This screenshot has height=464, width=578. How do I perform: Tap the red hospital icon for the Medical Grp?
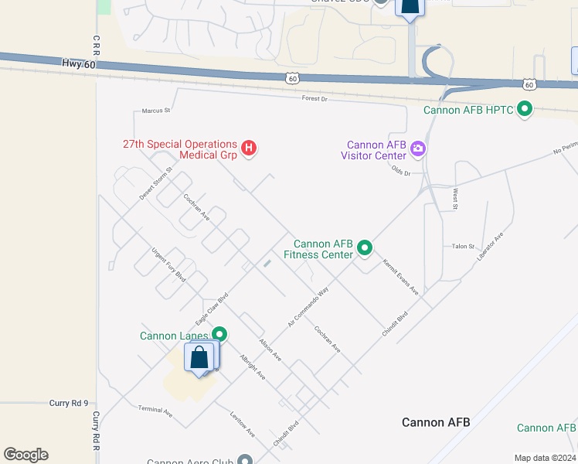click(249, 148)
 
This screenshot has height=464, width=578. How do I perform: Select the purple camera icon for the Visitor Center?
click(418, 148)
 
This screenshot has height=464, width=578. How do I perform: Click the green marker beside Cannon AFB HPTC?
click(525, 110)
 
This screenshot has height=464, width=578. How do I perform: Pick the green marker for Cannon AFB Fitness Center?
click(365, 248)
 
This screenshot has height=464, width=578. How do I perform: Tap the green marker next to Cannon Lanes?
click(220, 335)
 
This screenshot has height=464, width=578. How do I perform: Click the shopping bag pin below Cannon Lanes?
click(200, 358)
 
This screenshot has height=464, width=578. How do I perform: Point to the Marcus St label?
click(156, 111)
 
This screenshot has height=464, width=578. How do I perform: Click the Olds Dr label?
click(401, 171)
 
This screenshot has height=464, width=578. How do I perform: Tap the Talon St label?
click(463, 247)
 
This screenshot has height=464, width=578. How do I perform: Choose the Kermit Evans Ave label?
click(400, 277)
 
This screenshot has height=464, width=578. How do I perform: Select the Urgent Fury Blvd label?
click(168, 264)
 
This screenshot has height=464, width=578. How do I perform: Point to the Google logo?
click(25, 455)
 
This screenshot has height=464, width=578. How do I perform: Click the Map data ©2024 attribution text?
click(545, 458)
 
